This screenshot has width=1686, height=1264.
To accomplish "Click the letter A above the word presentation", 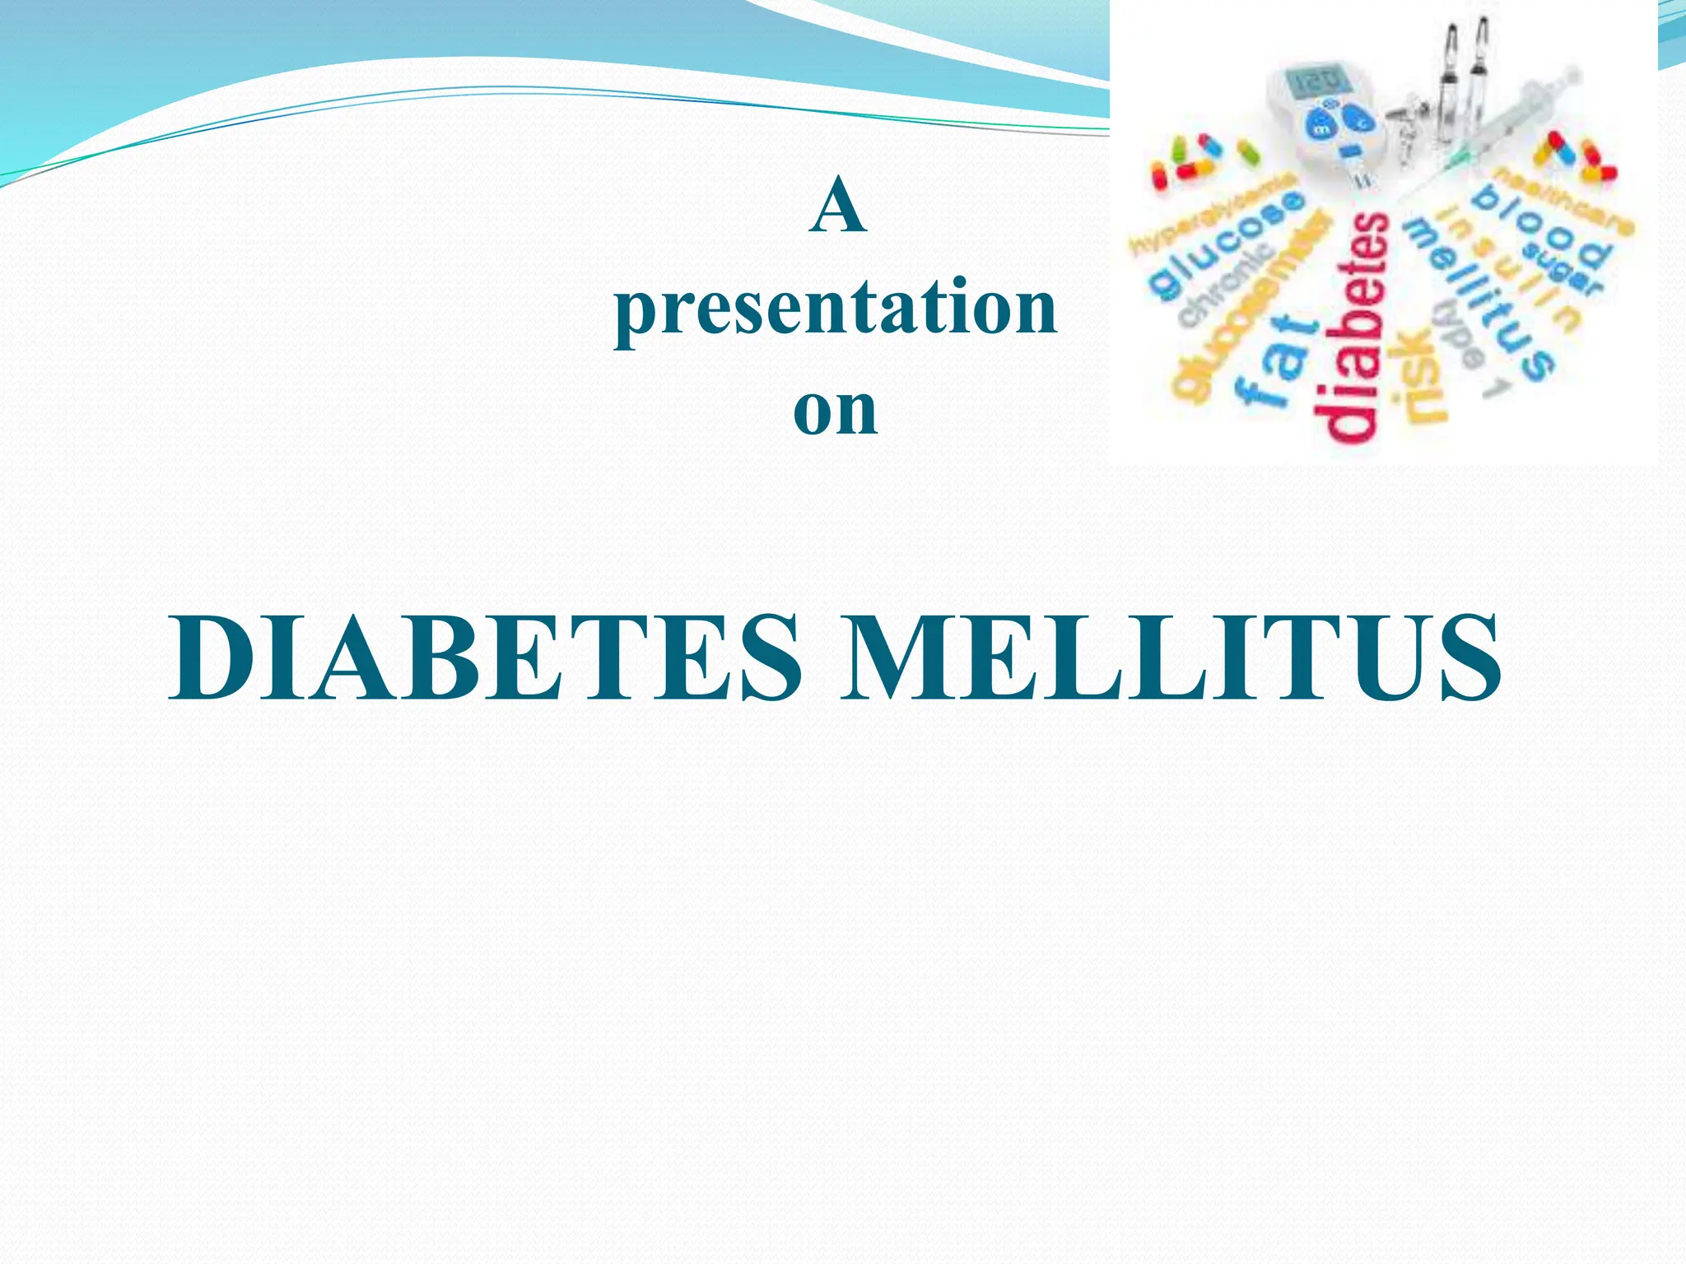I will (838, 206).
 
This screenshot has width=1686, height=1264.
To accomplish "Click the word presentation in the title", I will (836, 308).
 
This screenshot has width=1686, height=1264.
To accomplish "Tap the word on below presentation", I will (835, 410).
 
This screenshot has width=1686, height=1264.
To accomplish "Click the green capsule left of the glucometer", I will (1249, 152).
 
